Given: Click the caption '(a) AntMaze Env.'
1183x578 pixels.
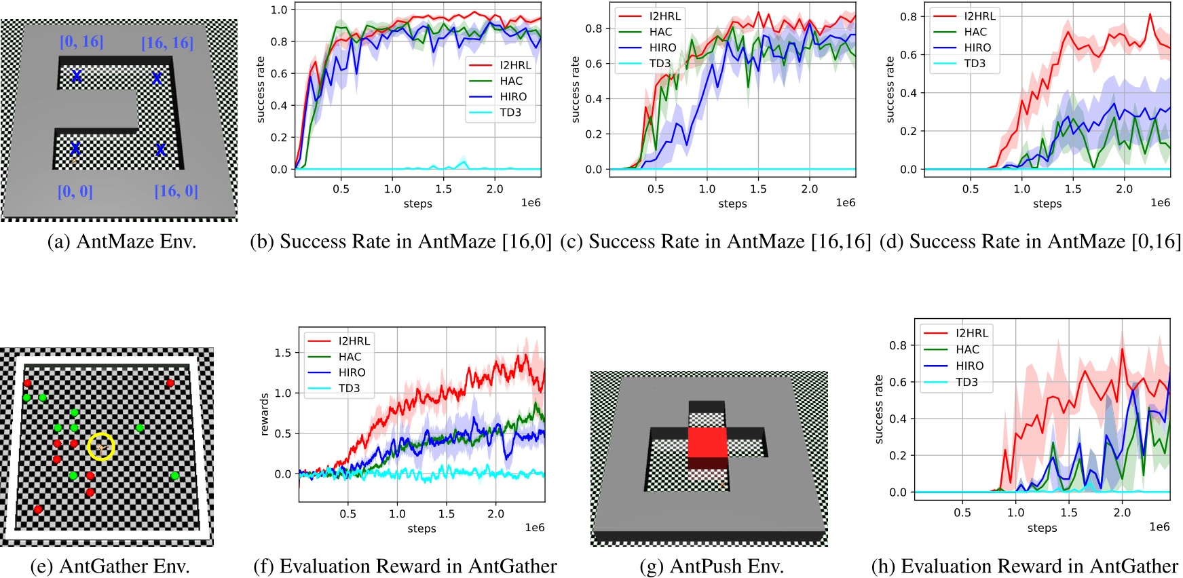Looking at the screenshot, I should [121, 242].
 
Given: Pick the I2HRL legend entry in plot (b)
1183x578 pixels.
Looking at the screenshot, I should [515, 65].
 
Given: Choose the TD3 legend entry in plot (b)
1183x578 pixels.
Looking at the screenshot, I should [510, 113].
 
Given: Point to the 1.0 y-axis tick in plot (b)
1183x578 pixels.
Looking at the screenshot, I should [279, 9].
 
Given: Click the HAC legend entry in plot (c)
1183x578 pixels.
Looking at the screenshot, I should [660, 32].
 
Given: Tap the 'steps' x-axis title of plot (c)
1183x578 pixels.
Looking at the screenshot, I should [732, 204].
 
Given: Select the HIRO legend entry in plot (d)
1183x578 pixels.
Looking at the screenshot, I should [977, 47].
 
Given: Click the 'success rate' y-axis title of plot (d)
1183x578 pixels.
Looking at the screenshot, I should [890, 90].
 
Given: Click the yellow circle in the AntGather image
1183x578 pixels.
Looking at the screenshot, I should [101, 446].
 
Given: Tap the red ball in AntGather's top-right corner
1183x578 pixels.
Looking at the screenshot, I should [170, 383].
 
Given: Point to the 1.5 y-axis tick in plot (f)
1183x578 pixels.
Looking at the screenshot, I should [283, 353].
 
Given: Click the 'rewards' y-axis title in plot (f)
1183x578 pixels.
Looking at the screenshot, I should [265, 414].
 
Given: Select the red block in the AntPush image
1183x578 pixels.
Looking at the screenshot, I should [707, 443].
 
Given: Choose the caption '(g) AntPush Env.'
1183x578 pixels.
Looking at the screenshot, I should [711, 566].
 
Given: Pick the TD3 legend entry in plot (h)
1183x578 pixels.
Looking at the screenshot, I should [966, 382].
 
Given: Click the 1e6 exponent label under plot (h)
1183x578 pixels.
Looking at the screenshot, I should [1159, 527].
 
